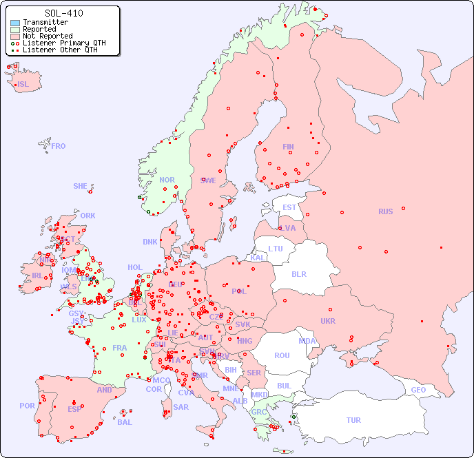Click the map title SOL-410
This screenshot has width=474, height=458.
click(63, 13)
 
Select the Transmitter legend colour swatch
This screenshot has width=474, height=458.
click(15, 23)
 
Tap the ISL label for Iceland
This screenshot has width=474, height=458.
click(23, 85)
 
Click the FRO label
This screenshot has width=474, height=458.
click(59, 146)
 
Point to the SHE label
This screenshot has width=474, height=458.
click(81, 186)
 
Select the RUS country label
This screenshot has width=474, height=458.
click(385, 211)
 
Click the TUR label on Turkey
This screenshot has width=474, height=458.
click(353, 420)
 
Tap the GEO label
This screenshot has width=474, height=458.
click(418, 390)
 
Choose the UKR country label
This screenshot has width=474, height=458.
click(328, 321)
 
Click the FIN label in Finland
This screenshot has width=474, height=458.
click(288, 147)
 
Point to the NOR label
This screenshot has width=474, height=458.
click(167, 180)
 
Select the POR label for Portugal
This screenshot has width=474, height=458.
click(27, 406)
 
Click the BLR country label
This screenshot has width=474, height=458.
click(298, 273)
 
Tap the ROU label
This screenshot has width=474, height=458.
click(282, 355)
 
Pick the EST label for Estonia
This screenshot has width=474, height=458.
click(289, 207)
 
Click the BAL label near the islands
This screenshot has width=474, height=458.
click(125, 422)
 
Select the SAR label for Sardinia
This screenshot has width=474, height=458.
click(181, 407)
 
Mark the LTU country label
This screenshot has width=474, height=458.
click(276, 249)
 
